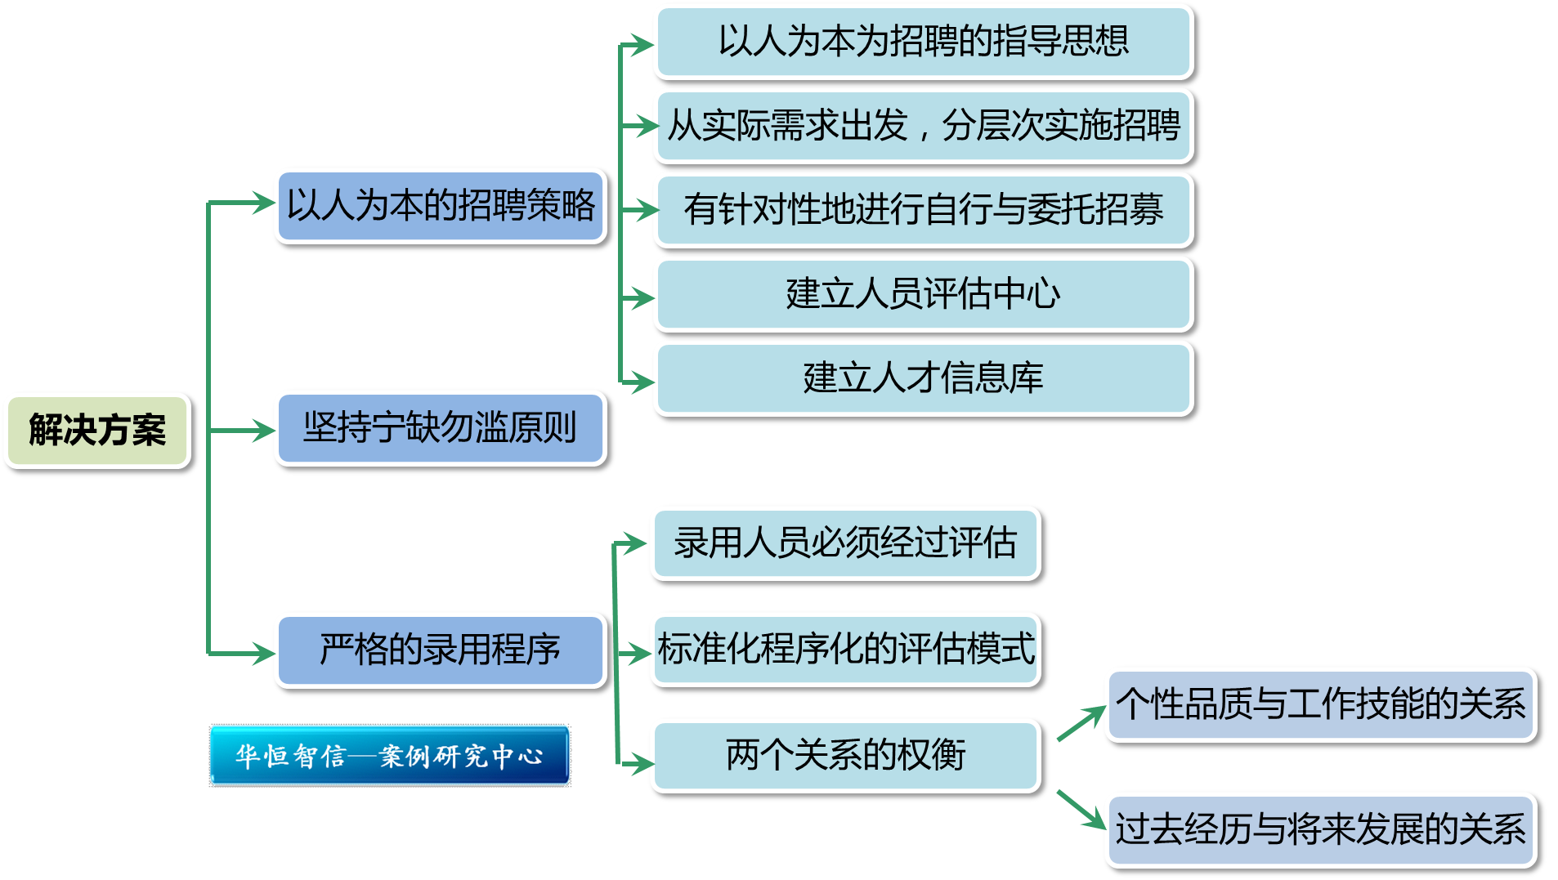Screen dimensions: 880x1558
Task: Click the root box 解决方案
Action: click(x=97, y=431)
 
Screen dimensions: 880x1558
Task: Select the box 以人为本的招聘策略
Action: click(x=441, y=205)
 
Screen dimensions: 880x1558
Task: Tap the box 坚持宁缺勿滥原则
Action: click(x=441, y=427)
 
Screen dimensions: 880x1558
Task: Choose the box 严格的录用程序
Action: click(x=441, y=650)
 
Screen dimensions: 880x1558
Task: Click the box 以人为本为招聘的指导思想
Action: click(x=923, y=42)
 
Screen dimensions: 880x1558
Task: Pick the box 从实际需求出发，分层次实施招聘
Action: click(x=923, y=126)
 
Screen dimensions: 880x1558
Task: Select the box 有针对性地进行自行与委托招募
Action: click(x=923, y=210)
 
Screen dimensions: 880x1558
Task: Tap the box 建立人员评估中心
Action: click(x=923, y=294)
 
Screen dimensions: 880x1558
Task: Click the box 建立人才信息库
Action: click(x=923, y=378)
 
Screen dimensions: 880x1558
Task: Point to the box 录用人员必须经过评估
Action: click(x=845, y=543)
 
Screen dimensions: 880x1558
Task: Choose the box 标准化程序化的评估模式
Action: click(x=845, y=650)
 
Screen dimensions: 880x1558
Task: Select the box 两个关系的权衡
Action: click(x=845, y=755)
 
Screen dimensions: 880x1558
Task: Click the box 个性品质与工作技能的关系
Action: click(x=1319, y=704)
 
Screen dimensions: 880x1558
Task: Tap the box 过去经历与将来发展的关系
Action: click(x=1319, y=829)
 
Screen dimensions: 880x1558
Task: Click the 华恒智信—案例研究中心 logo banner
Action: click(x=390, y=756)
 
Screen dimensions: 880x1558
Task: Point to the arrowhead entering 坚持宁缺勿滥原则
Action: click(x=263, y=430)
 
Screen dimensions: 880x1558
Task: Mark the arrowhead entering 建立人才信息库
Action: click(x=642, y=382)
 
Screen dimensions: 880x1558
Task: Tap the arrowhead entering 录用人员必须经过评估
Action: click(x=636, y=543)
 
